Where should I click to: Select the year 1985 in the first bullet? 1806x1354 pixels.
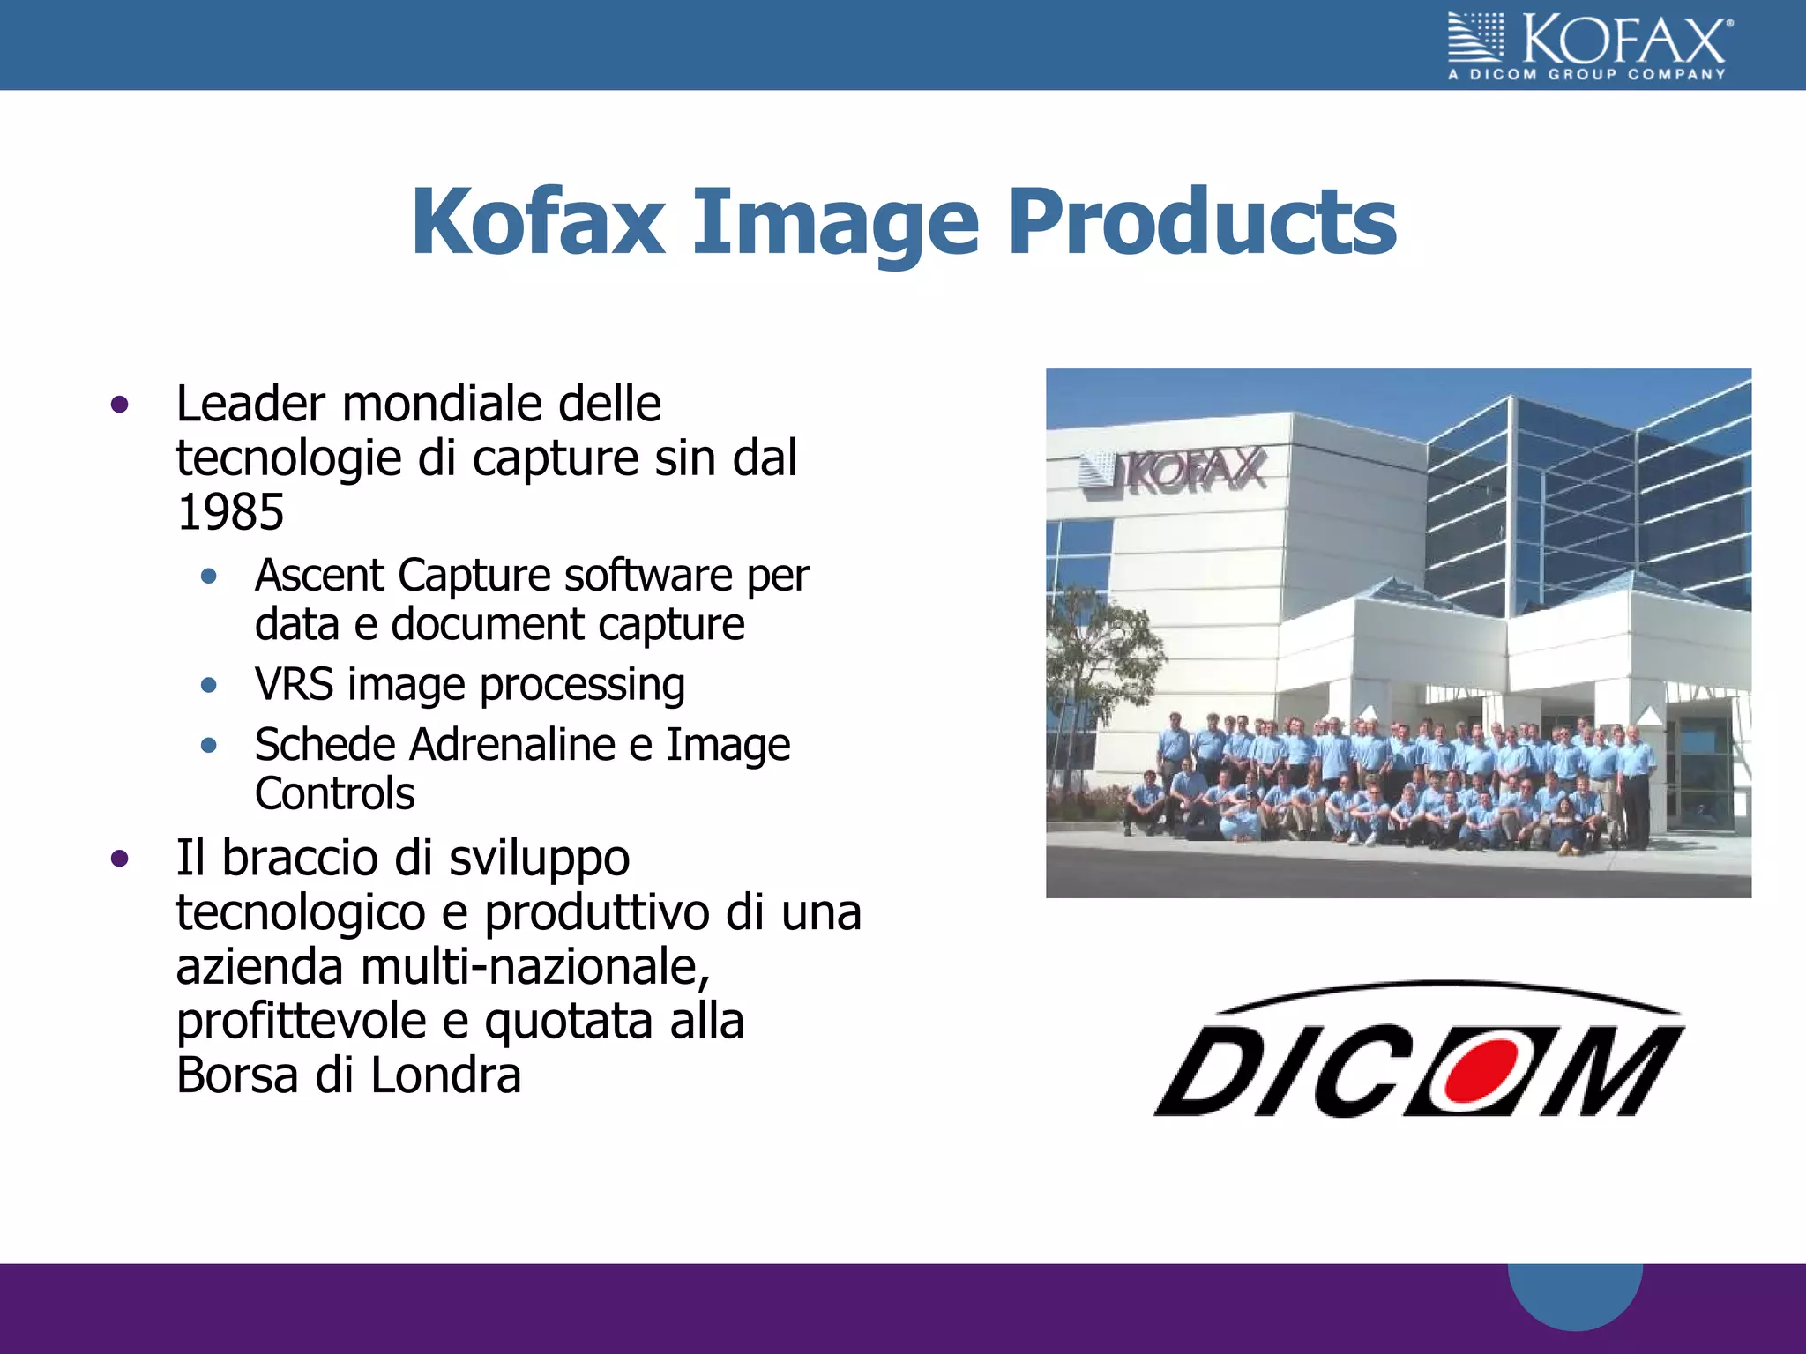pyautogui.click(x=230, y=512)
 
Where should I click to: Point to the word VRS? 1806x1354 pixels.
pyautogui.click(x=294, y=684)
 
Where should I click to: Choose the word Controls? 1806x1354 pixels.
pyautogui.click(x=334, y=793)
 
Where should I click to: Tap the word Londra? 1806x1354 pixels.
pyautogui.click(x=445, y=1075)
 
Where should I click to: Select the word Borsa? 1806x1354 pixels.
pyautogui.click(x=237, y=1075)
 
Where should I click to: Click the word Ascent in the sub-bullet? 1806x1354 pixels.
pyautogui.click(x=319, y=576)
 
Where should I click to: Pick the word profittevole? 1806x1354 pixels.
pyautogui.click(x=301, y=1022)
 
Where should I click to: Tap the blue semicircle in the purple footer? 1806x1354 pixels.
pyautogui.click(x=1575, y=1294)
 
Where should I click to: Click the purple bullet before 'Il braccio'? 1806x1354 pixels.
pyautogui.click(x=120, y=859)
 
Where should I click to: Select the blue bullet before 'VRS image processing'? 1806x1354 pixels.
pyautogui.click(x=209, y=685)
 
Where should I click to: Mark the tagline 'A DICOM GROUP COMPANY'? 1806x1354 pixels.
pyautogui.click(x=1586, y=75)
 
